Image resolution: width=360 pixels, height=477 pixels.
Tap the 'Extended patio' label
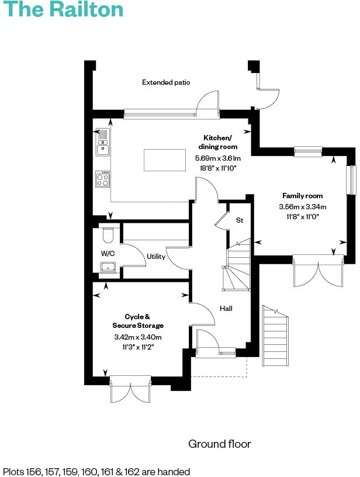point(166,82)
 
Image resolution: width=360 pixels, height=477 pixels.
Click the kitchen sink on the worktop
point(102,143)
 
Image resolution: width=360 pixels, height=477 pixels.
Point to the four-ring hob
point(103,179)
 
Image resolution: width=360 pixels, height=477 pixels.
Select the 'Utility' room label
point(156,257)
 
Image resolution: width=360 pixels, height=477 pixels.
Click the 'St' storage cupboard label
point(239,220)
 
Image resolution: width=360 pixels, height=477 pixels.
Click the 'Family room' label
point(302,196)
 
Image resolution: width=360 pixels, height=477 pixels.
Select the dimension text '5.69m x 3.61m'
point(217,158)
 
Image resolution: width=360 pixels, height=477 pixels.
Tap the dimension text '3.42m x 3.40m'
point(138,337)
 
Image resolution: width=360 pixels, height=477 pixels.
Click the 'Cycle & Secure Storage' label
point(138,321)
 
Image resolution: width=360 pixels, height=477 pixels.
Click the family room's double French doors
point(317,270)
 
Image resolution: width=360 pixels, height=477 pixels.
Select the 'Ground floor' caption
point(219,444)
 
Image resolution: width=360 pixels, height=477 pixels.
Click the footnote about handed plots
point(96,471)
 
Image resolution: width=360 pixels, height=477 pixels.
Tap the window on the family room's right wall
point(352,180)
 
